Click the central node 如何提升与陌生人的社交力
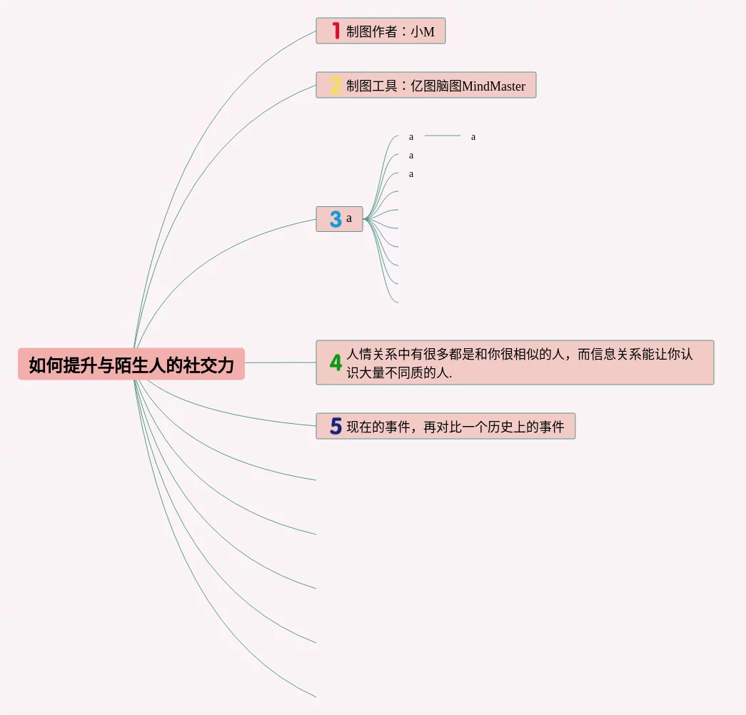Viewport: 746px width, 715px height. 131,365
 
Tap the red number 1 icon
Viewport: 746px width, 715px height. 336,31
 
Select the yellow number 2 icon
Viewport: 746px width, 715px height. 336,86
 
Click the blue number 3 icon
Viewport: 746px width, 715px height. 336,219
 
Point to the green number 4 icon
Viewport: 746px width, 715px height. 336,362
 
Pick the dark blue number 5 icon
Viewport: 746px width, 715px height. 336,426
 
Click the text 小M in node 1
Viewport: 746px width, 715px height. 423,32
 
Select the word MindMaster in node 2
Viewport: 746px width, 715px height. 493,86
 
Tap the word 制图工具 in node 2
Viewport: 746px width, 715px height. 372,86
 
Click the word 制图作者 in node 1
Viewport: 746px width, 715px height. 372,32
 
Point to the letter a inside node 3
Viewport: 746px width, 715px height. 349,218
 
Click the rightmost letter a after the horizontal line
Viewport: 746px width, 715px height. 473,136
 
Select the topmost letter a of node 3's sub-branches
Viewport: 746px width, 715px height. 411,136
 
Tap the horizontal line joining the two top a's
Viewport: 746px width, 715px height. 443,136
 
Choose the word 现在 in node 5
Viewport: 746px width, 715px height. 361,427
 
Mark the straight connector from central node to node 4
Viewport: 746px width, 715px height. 281,362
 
